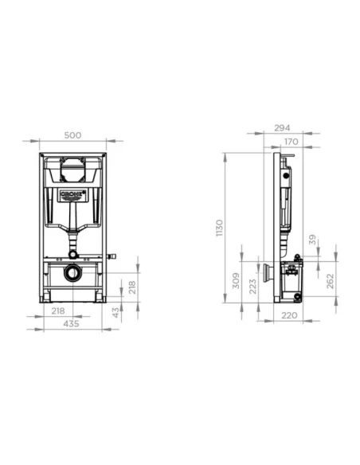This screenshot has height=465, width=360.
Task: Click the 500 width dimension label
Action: (72, 136)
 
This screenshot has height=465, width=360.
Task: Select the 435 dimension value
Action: (72, 324)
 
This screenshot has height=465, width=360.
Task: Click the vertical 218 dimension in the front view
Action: (133, 287)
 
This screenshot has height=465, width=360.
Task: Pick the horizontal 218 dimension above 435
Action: (57, 311)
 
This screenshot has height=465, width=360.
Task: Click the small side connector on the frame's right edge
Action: (112, 256)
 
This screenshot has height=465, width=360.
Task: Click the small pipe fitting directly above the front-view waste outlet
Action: (72, 253)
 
